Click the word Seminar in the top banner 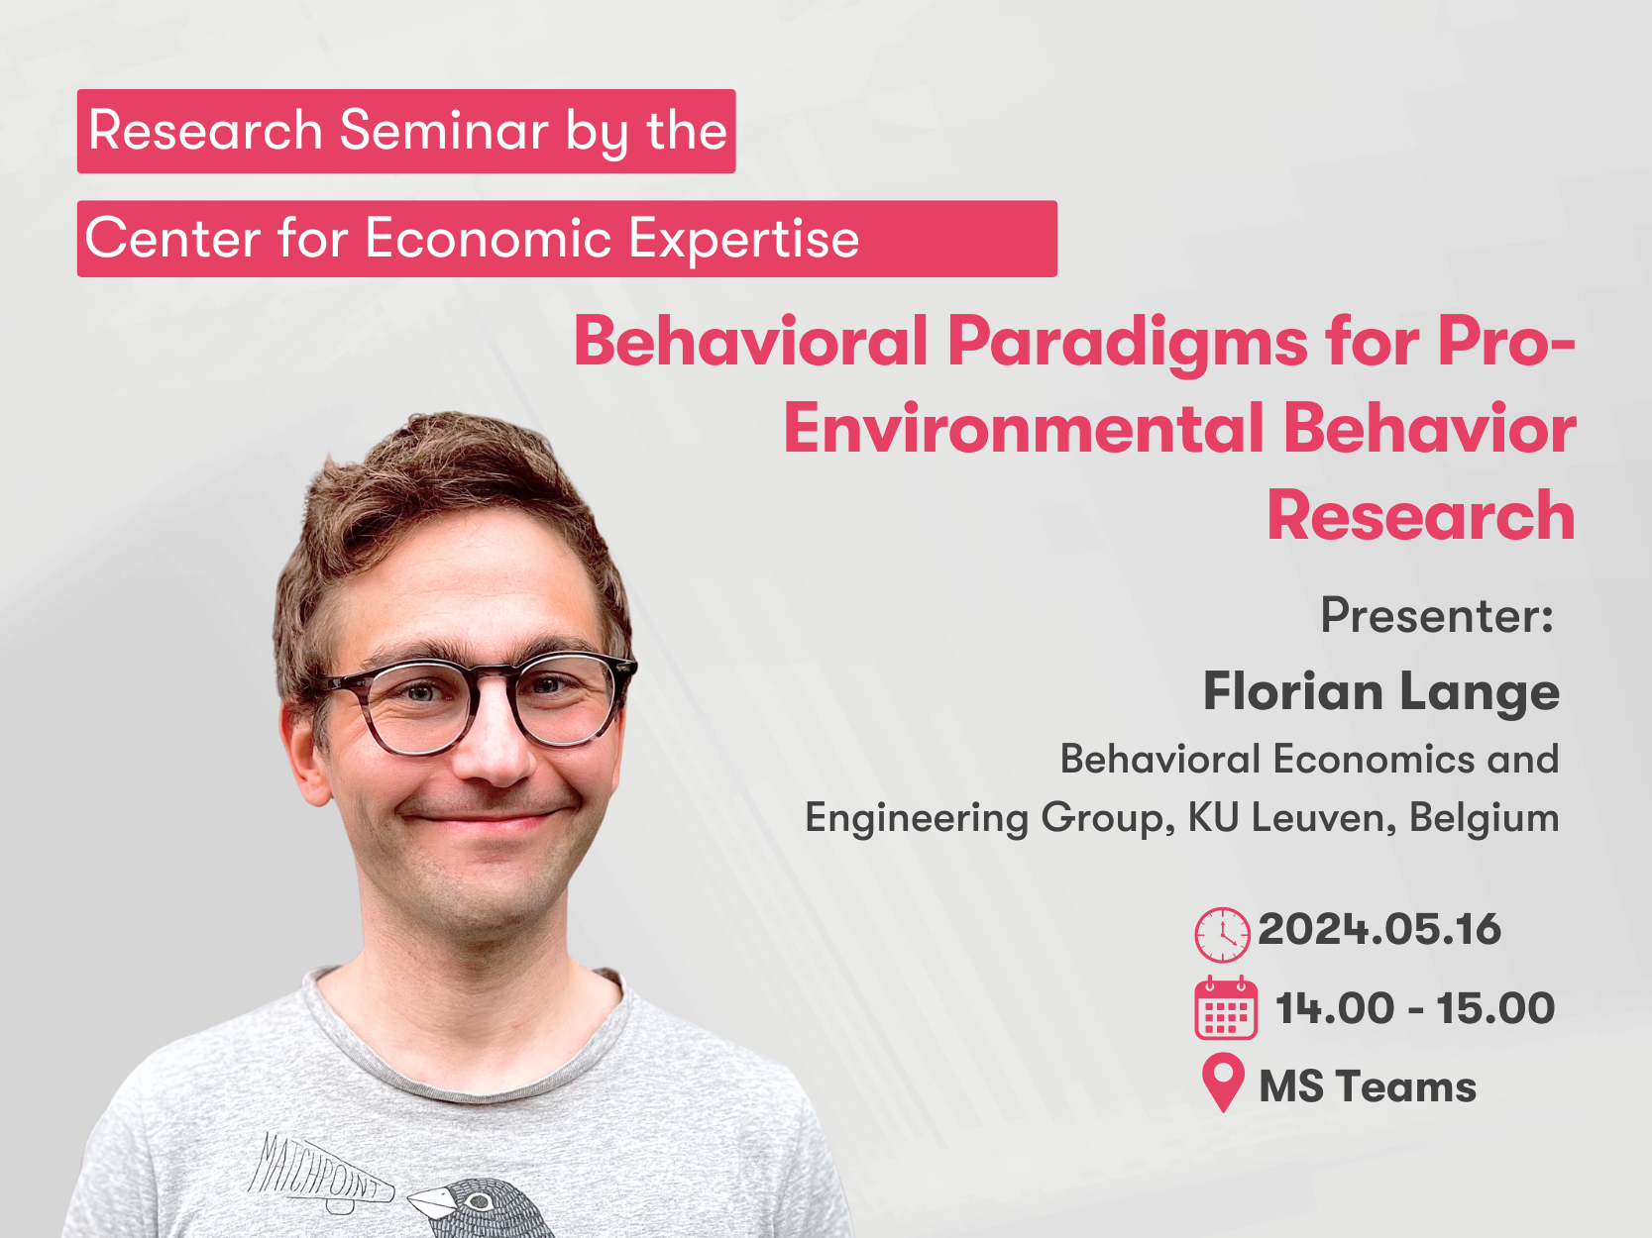pyautogui.click(x=445, y=130)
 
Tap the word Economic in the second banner pyautogui.click(x=489, y=239)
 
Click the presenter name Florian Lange pyautogui.click(x=1381, y=693)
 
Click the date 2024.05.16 pyautogui.click(x=1379, y=929)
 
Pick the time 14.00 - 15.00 pyautogui.click(x=1415, y=1008)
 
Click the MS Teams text pyautogui.click(x=1368, y=1087)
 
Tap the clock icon pyautogui.click(x=1222, y=935)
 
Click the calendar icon pyautogui.click(x=1226, y=1008)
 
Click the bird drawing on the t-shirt pyautogui.click(x=482, y=1207)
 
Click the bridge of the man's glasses pyautogui.click(x=493, y=680)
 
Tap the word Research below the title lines pyautogui.click(x=1421, y=516)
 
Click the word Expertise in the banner pyautogui.click(x=743, y=239)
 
